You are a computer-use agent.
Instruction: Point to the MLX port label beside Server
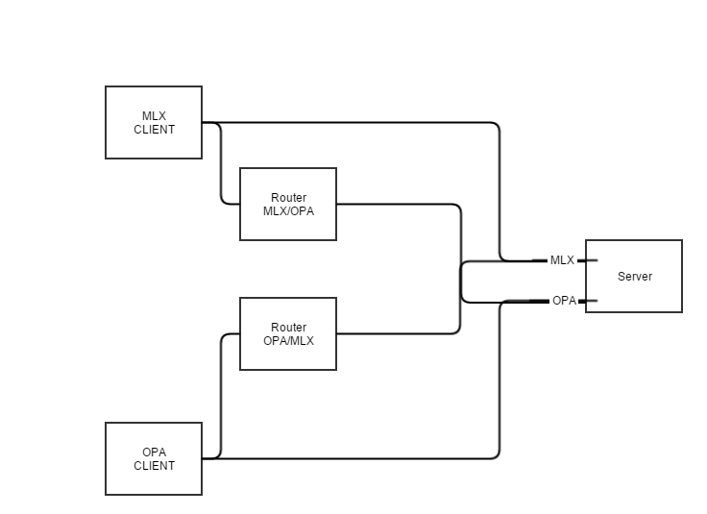coord(562,260)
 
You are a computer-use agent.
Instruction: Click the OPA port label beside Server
coord(564,301)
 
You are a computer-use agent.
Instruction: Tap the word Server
coord(634,277)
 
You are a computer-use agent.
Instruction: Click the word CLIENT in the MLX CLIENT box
coord(154,130)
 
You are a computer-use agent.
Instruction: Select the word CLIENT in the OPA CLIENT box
coord(154,466)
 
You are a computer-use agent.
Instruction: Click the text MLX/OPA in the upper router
coord(288,211)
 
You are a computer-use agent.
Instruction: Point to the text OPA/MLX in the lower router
coord(288,341)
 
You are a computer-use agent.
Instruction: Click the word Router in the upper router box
coord(288,198)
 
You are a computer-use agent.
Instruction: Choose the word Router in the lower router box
coord(288,328)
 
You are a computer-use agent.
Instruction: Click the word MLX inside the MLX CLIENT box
coord(154,116)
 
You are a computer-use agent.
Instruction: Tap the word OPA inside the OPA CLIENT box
coord(154,453)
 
